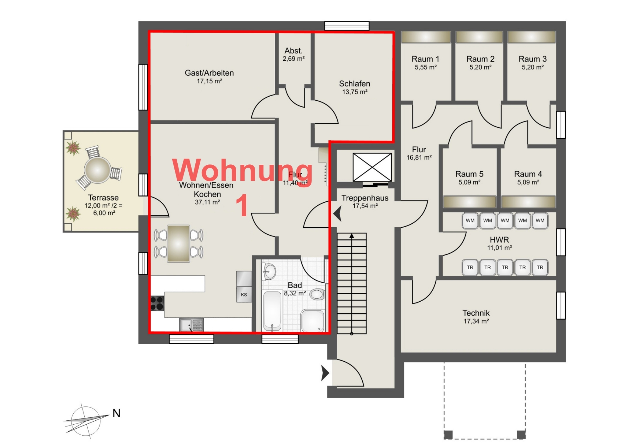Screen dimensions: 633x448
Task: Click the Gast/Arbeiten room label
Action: coord(209,73)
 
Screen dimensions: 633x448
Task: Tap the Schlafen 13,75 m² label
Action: coord(355,88)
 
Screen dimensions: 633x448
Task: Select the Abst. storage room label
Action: coord(293,51)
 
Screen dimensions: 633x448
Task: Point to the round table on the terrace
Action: coord(97,170)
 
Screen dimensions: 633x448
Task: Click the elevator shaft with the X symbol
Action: coord(372,167)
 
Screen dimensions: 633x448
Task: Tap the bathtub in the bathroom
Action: coord(272,311)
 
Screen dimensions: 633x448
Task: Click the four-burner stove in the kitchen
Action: coord(157,303)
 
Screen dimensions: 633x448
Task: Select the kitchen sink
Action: coord(192,325)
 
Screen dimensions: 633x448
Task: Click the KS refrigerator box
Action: coord(244,295)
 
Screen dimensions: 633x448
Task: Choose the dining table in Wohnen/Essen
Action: coord(178,244)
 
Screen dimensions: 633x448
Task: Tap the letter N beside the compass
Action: coord(116,413)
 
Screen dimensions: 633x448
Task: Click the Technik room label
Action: coord(476,313)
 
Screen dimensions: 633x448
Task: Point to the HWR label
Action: coord(499,240)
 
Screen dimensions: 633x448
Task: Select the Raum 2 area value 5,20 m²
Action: coord(480,67)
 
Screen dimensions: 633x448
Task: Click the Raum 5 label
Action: coord(469,174)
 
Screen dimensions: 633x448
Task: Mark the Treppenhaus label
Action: coord(365,198)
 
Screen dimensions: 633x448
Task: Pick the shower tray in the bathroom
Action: coord(313,321)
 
